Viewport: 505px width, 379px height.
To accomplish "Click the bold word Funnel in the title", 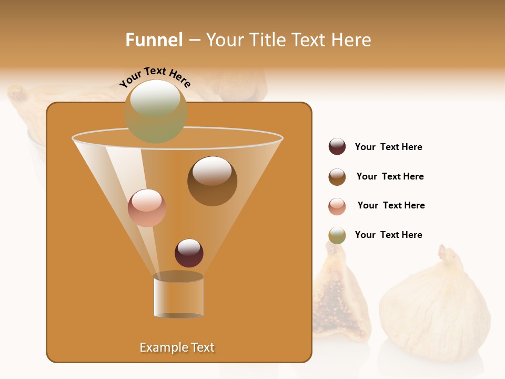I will pyautogui.click(x=154, y=40).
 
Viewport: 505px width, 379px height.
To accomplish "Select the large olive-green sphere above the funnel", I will pyautogui.click(x=156, y=112).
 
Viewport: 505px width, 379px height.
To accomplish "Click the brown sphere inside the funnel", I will pyautogui.click(x=212, y=181).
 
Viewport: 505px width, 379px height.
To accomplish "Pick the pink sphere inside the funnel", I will pyautogui.click(x=147, y=208).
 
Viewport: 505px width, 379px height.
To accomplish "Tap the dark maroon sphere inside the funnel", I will pyautogui.click(x=189, y=253).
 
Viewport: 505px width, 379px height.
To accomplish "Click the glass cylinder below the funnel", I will pyautogui.click(x=178, y=296).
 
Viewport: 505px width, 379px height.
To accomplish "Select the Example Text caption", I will pyautogui.click(x=177, y=347).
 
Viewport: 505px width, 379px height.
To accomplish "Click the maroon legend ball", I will pyautogui.click(x=337, y=147).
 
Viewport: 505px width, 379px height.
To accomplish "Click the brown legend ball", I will pyautogui.click(x=337, y=177).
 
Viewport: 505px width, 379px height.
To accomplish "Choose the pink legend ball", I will pyautogui.click(x=337, y=206).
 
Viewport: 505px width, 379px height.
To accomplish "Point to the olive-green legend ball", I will pyautogui.click(x=337, y=235).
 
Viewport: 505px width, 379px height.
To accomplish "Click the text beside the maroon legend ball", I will pyautogui.click(x=388, y=147).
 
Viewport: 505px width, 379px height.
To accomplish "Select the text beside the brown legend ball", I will pyautogui.click(x=390, y=176).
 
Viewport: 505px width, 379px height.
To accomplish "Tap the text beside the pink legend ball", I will pyautogui.click(x=391, y=205).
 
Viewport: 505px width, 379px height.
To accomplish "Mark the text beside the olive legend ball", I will pyautogui.click(x=388, y=235).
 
